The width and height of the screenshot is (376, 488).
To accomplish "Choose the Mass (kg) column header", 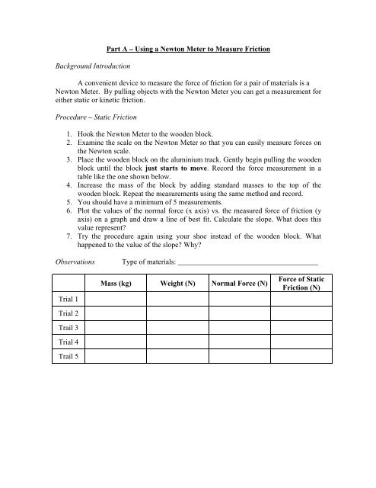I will coord(116,284).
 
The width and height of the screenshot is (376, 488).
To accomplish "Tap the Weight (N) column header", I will coord(177,284).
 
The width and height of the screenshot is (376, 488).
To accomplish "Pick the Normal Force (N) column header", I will coord(241,284).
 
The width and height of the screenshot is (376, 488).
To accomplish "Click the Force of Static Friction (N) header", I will coord(302,284).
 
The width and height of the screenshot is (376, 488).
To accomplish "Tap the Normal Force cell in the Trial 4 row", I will coord(241,342).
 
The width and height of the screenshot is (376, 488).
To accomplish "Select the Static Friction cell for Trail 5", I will coord(302,356).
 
